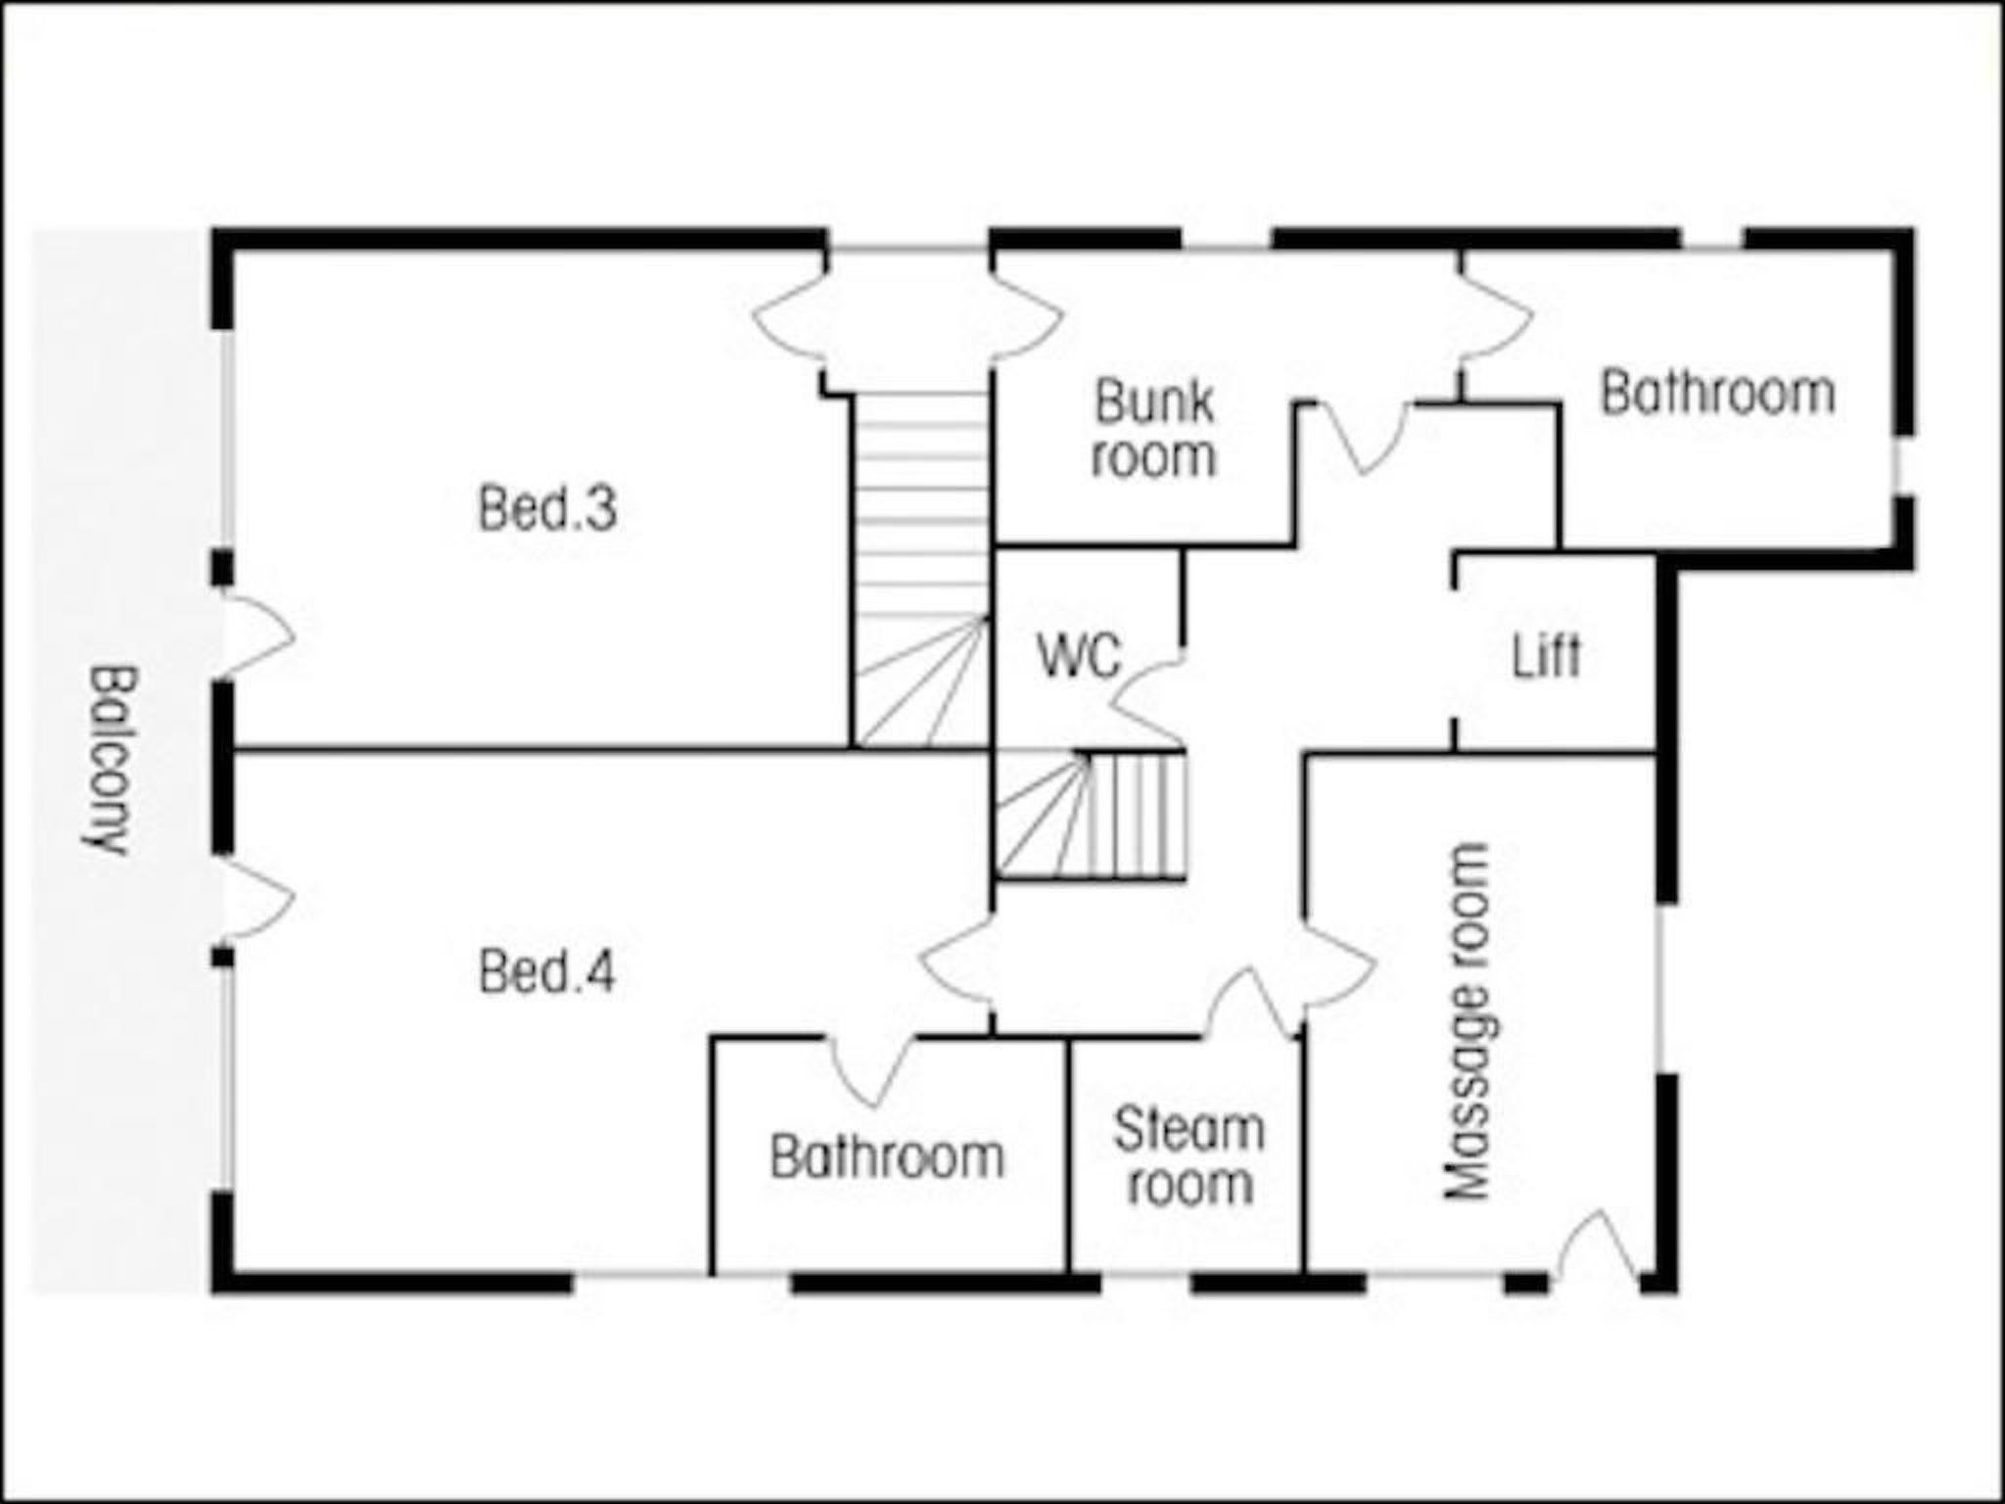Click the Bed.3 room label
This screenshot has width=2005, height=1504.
(x=547, y=509)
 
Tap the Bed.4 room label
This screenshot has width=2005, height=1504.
(x=547, y=972)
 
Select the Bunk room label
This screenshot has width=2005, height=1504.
(x=1154, y=429)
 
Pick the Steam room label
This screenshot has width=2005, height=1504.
(x=1189, y=1156)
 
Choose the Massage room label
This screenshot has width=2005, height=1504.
(x=1468, y=1021)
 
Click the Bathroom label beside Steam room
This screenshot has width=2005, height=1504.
(x=887, y=1156)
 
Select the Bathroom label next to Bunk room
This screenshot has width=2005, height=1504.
(x=1717, y=393)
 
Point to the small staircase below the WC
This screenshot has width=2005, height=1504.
(x=1091, y=815)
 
